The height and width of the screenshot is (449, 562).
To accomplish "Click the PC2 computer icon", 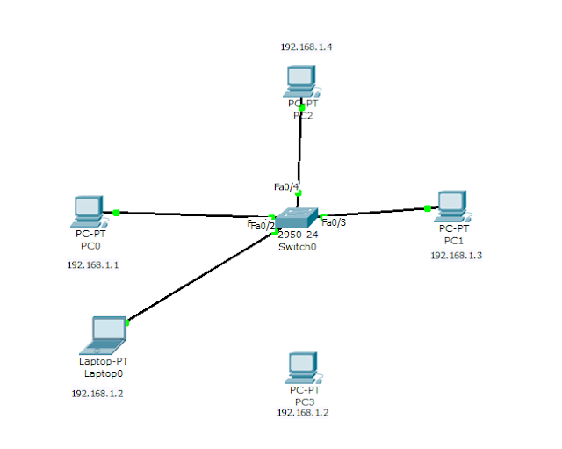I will (x=301, y=82).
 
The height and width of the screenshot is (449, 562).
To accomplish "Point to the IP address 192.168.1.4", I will (x=306, y=47).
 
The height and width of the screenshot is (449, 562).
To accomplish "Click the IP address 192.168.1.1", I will (x=92, y=264).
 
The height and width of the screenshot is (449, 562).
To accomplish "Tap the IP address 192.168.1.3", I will (x=456, y=255).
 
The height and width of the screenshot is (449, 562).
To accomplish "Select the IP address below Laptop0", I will (x=97, y=393).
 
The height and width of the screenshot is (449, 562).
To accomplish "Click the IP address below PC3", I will (x=304, y=412).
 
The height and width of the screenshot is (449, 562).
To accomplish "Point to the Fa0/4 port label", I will (x=285, y=186).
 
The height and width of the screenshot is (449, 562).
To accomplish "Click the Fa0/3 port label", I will (x=334, y=221).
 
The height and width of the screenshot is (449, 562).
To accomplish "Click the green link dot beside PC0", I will (x=116, y=212).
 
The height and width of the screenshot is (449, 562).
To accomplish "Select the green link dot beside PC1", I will (x=427, y=208).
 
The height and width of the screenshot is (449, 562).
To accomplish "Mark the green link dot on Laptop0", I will (x=128, y=322).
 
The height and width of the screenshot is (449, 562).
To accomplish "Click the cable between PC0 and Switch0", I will (x=193, y=214).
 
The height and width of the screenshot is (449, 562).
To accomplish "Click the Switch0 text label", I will (x=297, y=247).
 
